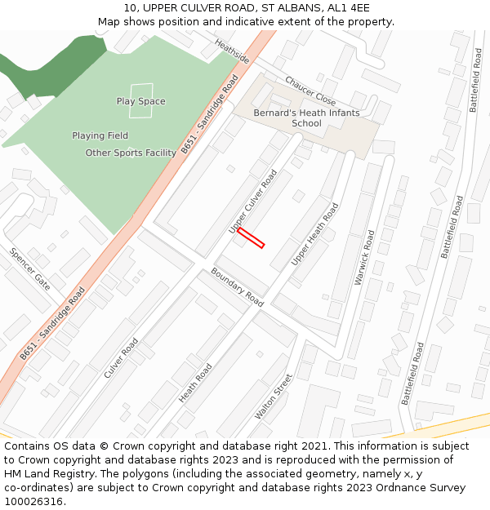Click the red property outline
coord(251,237)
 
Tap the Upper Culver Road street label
coord(253,202)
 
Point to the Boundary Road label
coord(238,287)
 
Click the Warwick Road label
coord(364,257)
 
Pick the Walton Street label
coord(273,397)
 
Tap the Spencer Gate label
coord(30,268)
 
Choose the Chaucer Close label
coord(310,91)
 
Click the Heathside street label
coord(232,51)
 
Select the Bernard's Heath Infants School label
coord(306,118)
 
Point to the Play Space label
coord(140,101)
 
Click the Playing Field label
coord(100,135)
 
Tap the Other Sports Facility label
coord(131,153)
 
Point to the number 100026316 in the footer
coord(32,502)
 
